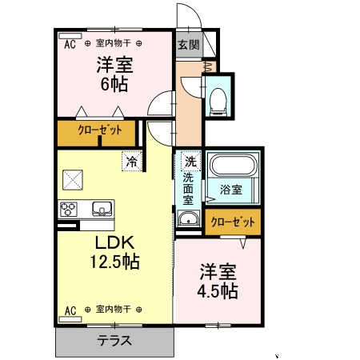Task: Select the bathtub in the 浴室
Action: pyautogui.click(x=231, y=167)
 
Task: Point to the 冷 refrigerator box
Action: pyautogui.click(x=132, y=161)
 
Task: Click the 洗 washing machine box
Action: pyautogui.click(x=189, y=160)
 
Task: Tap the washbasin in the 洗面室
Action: pyautogui.click(x=189, y=221)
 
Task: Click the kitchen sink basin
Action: pyautogui.click(x=102, y=210)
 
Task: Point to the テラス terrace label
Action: pyautogui.click(x=114, y=340)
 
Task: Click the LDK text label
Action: pyautogui.click(x=115, y=242)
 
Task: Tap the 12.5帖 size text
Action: pyautogui.click(x=115, y=261)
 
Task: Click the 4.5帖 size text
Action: pyautogui.click(x=218, y=290)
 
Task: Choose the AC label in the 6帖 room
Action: pyautogui.click(x=69, y=44)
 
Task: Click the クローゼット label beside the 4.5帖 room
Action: pyautogui.click(x=234, y=222)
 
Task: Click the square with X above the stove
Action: pyautogui.click(x=74, y=179)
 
